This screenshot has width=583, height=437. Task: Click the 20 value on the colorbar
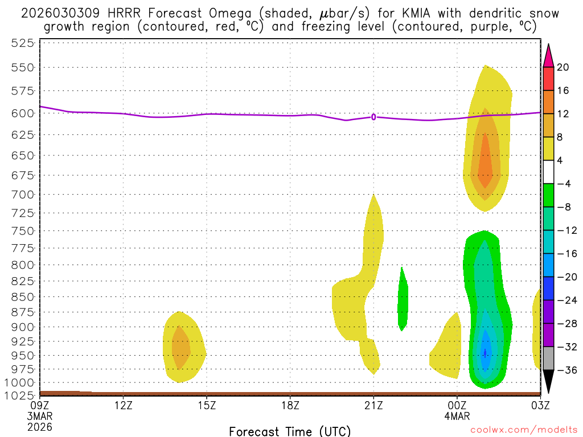563,67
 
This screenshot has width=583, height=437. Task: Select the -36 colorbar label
566,370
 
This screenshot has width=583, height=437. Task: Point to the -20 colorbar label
566,277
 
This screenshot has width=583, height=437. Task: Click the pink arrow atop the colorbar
548,55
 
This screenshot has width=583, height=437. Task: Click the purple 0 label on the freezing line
373,117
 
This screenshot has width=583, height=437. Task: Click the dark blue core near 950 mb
485,353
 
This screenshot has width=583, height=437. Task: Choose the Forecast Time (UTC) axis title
290,431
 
